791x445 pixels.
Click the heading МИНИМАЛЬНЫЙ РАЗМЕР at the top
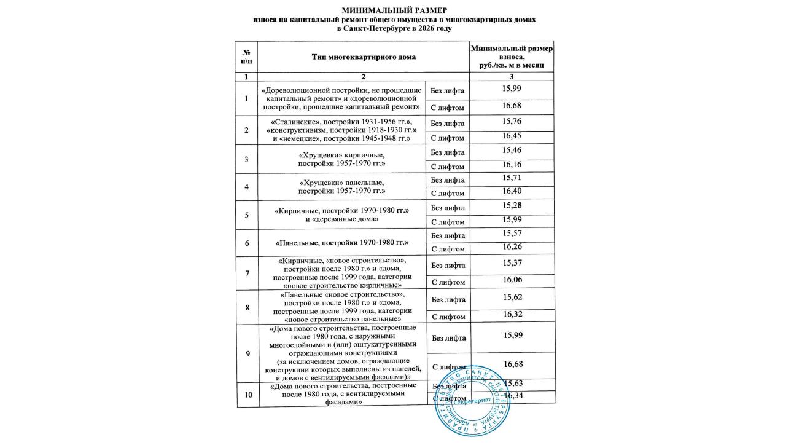click(x=394, y=10)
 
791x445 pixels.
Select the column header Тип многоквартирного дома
click(x=364, y=57)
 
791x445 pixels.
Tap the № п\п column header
click(x=246, y=57)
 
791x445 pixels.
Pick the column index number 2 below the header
click(x=364, y=76)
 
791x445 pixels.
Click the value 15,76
click(x=512, y=120)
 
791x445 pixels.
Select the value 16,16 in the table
click(x=512, y=165)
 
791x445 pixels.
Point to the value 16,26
click(x=512, y=247)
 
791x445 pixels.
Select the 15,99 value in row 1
click(x=512, y=88)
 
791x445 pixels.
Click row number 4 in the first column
click(x=246, y=187)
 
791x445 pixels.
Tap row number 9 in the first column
click(x=246, y=353)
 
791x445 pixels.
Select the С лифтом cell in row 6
click(x=448, y=249)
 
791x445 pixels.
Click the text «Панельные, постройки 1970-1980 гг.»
click(x=342, y=243)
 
